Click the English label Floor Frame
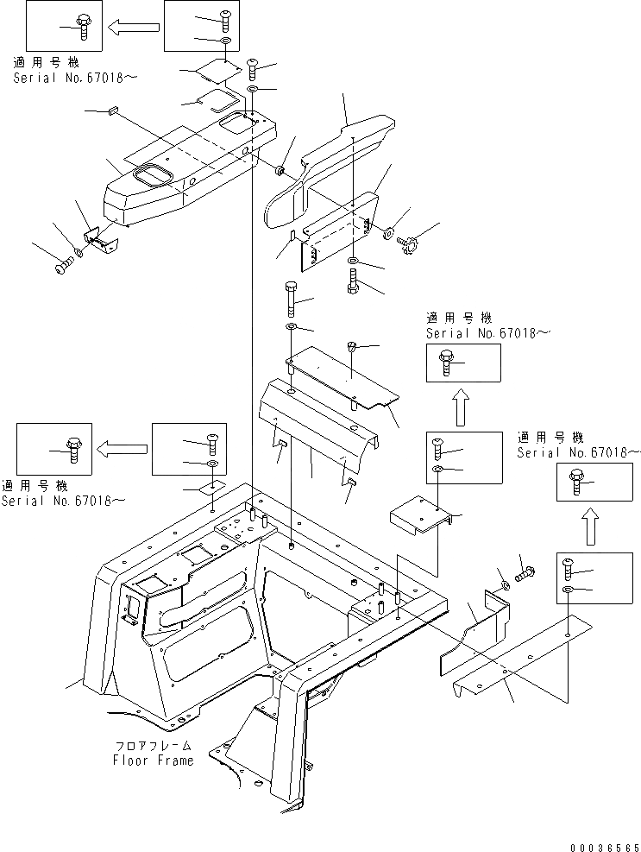click(153, 760)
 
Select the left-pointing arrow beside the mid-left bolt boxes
click(121, 448)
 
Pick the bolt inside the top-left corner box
click(85, 26)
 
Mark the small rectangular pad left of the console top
click(113, 110)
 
